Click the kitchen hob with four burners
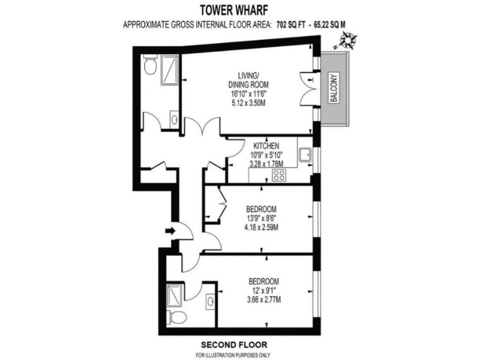click(x=279, y=175)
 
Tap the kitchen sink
click(x=305, y=154)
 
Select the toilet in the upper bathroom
click(x=150, y=65)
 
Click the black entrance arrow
click(x=169, y=231)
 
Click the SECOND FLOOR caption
click(x=234, y=344)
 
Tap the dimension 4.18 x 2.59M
click(x=261, y=227)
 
